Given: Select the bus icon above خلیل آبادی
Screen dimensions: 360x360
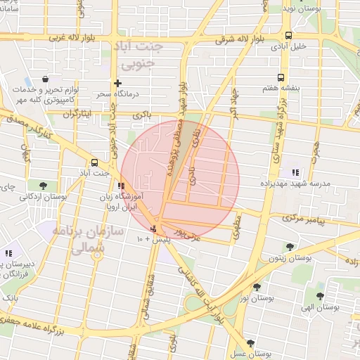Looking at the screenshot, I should point(288,35).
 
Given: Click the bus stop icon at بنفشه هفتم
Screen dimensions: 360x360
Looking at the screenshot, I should point(281,78).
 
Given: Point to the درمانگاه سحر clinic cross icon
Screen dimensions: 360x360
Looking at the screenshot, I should point(117,83).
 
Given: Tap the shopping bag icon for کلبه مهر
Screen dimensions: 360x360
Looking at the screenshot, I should point(45,79).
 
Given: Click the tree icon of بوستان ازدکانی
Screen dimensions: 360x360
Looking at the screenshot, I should point(43,186).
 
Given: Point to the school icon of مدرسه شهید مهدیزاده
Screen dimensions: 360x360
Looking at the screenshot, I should point(295,172).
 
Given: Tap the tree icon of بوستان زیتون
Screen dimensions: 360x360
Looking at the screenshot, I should point(290,246).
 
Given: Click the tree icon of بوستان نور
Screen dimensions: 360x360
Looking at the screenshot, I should point(257,287).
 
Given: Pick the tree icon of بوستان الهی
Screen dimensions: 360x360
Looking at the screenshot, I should point(320,296).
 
